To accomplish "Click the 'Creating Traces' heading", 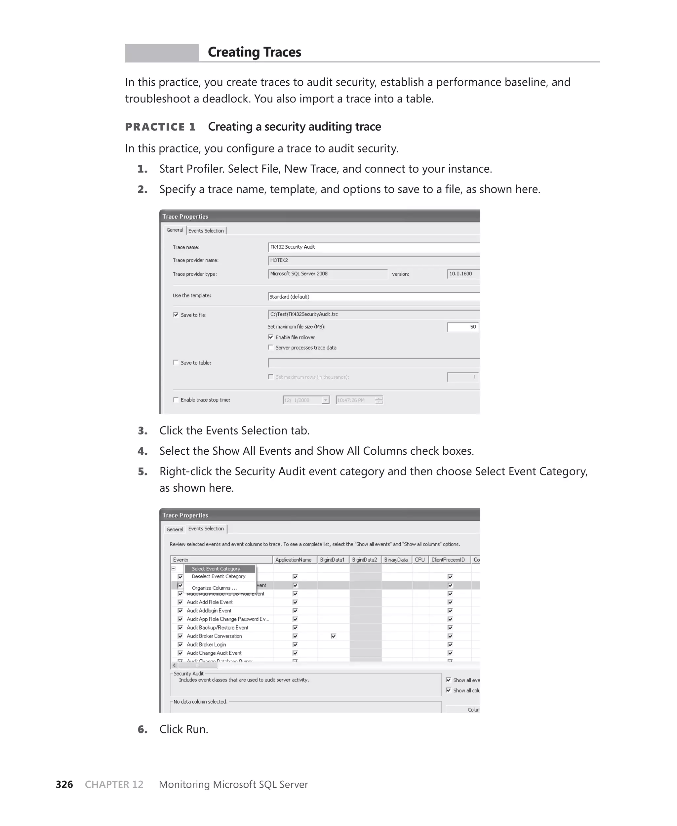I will click(x=254, y=52).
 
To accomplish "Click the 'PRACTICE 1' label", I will click(x=160, y=127).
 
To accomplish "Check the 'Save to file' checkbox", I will click(x=176, y=315).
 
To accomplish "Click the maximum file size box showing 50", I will click(x=462, y=327).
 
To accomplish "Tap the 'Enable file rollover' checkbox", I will click(x=271, y=337).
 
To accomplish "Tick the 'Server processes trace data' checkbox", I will click(x=271, y=348).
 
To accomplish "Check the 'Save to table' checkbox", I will click(x=176, y=363).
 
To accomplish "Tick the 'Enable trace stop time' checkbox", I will click(x=176, y=400).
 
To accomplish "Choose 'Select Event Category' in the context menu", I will click(x=216, y=569).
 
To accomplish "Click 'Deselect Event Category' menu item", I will click(x=219, y=576).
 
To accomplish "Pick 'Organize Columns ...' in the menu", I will click(x=214, y=588).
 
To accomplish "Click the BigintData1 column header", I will click(x=332, y=559).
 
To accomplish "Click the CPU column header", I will click(x=419, y=559).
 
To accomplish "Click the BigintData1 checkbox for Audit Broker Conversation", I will click(x=334, y=636).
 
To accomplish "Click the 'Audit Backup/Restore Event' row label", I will click(x=217, y=628).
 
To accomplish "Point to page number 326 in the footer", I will click(x=64, y=784).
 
